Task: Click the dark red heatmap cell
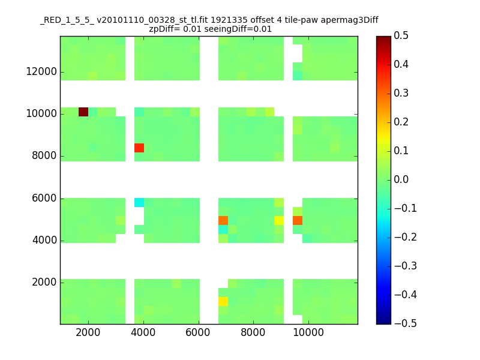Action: click(x=83, y=112)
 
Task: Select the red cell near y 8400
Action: click(x=139, y=148)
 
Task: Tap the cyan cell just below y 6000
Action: click(x=139, y=202)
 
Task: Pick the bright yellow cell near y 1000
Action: click(x=223, y=301)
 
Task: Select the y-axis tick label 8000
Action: click(x=42, y=156)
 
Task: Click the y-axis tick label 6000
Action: click(x=42, y=199)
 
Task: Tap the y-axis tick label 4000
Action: click(x=42, y=241)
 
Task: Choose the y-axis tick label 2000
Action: click(x=42, y=283)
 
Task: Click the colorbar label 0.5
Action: click(x=402, y=36)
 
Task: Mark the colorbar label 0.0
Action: click(x=402, y=179)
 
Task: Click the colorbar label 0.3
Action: click(x=402, y=93)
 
